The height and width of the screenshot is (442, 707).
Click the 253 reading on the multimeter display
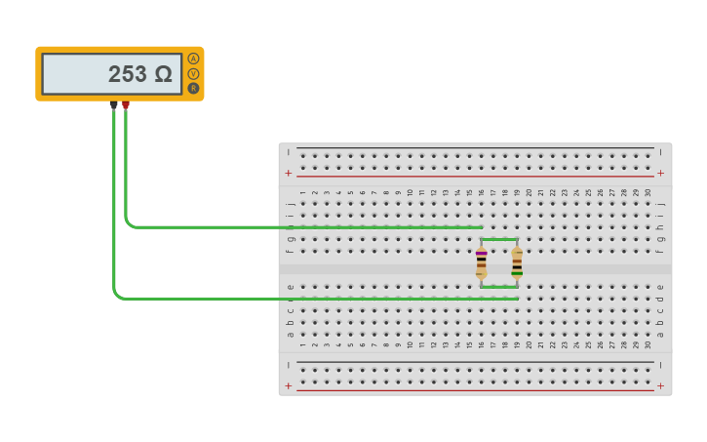(127, 74)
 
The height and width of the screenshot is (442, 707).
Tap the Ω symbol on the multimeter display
(163, 74)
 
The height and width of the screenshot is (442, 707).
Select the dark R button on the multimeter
(193, 89)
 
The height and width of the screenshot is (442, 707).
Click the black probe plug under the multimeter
(114, 104)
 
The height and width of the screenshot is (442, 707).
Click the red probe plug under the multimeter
(126, 104)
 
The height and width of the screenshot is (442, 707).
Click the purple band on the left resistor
(482, 253)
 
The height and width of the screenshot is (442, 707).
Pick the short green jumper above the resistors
(499, 239)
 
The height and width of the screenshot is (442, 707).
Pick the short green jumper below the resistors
(499, 287)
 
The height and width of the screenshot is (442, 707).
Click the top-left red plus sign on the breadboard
(288, 173)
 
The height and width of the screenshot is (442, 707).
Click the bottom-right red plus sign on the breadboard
(661, 386)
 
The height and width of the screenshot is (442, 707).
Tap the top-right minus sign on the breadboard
(661, 152)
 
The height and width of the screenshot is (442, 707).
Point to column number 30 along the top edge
(648, 193)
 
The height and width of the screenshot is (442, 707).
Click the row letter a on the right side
(660, 335)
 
